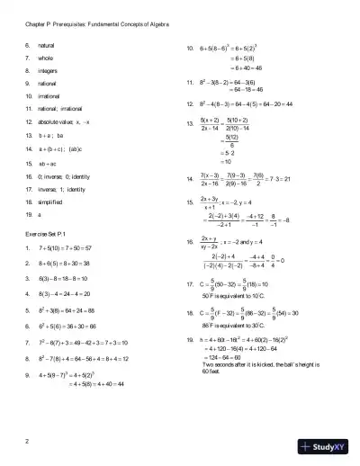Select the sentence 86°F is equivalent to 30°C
coord(242,322)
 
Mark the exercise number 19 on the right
coord(189,338)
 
